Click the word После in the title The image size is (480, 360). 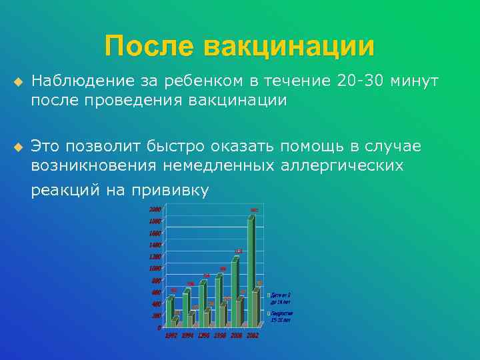[x=149, y=47]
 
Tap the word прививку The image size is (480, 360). [x=169, y=191]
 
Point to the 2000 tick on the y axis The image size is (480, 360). [x=154, y=209]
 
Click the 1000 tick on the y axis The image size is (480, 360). [x=154, y=268]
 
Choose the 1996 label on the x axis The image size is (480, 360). [x=205, y=335]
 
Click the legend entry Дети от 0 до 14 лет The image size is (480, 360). [x=280, y=298]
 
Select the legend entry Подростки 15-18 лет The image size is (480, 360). [x=280, y=316]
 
